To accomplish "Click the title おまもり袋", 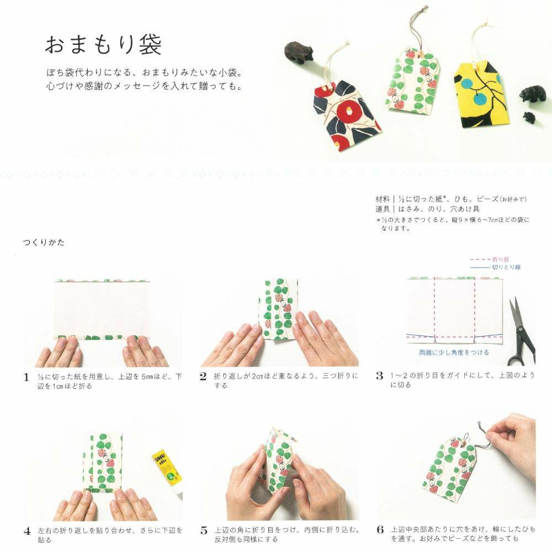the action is coord(103,45).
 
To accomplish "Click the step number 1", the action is coord(26,378).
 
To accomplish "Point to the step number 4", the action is coord(27,531).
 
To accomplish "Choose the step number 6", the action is coord(380,529).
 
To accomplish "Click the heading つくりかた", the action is coord(44,242).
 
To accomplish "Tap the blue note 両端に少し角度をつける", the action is coord(454,352).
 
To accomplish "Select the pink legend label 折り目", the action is coord(500,259).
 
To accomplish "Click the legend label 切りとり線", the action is coord(506,267).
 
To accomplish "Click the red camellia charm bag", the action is coord(347,114).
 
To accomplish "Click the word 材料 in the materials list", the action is coord(383,199).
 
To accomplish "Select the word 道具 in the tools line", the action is coord(383,209).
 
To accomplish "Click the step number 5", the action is coord(204,530).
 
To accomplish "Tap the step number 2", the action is coord(203,376).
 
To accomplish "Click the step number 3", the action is coord(380,376).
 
